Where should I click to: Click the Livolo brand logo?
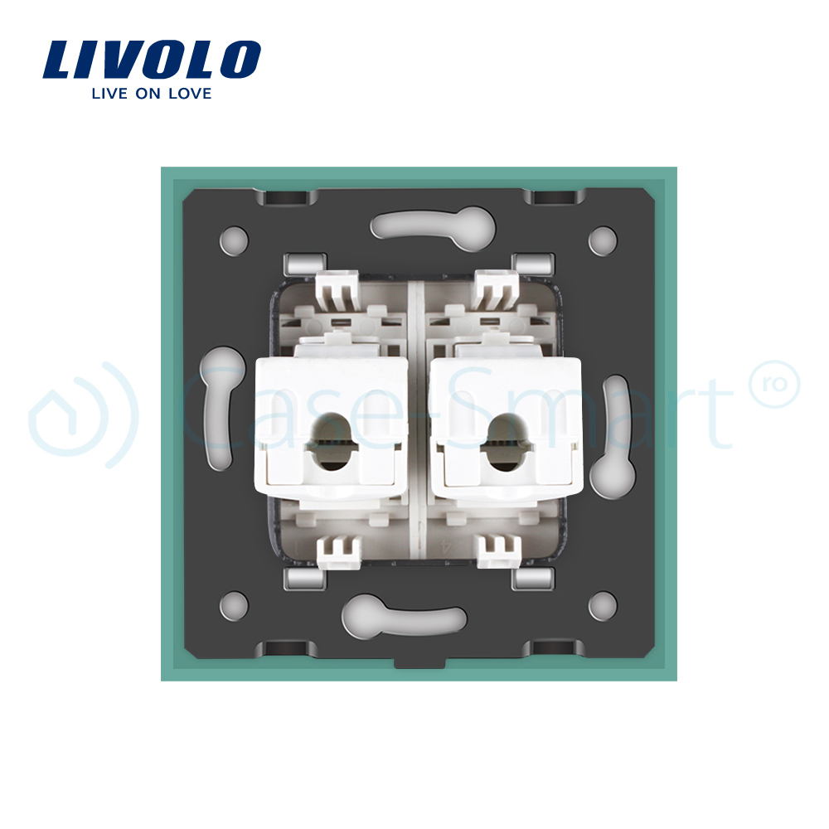click(152, 59)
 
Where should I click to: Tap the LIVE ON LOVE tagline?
click(152, 94)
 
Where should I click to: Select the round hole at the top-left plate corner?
click(234, 240)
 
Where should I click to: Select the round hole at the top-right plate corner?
click(603, 240)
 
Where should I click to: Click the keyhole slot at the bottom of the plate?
click(404, 617)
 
